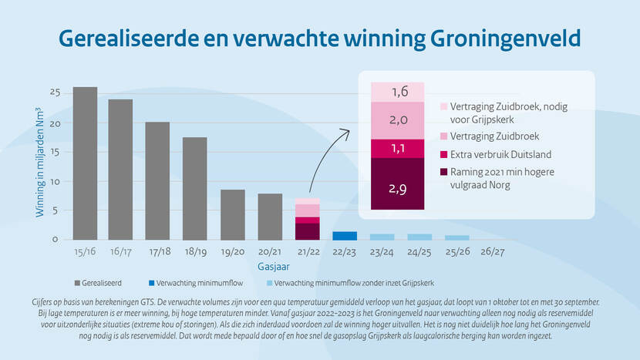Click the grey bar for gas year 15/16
85,163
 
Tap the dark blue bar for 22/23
345,235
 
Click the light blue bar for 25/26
456,237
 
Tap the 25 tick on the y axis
55,93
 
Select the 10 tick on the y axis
55,180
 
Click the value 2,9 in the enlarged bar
398,187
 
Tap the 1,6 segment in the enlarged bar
398,92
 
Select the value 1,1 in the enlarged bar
398,148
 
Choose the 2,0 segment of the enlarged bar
398,120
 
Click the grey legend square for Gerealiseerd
78,282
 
